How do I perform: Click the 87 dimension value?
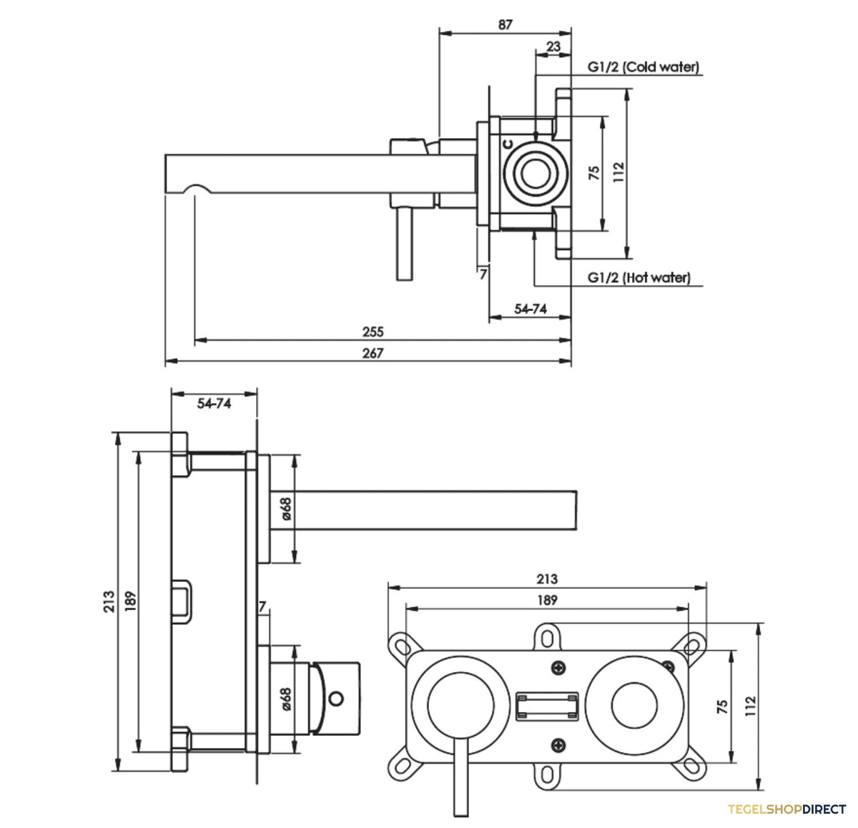point(506,25)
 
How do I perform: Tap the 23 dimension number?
point(553,46)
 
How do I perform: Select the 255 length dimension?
point(373,332)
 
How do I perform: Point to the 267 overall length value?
point(373,353)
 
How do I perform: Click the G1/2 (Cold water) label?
point(643,67)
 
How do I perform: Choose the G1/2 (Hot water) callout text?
point(639,277)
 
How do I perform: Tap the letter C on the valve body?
point(508,144)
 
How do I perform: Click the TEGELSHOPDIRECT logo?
point(786,809)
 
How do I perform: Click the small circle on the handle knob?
point(337,699)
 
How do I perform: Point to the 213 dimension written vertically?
point(109,602)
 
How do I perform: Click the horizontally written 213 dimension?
point(547,579)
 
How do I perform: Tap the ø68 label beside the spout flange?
point(287,509)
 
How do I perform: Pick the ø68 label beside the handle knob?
point(287,699)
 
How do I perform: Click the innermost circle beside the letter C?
point(536,173)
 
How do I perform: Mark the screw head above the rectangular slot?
point(558,669)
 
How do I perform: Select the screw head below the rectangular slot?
point(558,746)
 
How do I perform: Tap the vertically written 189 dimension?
point(131,601)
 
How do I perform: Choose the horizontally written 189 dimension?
point(547,600)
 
